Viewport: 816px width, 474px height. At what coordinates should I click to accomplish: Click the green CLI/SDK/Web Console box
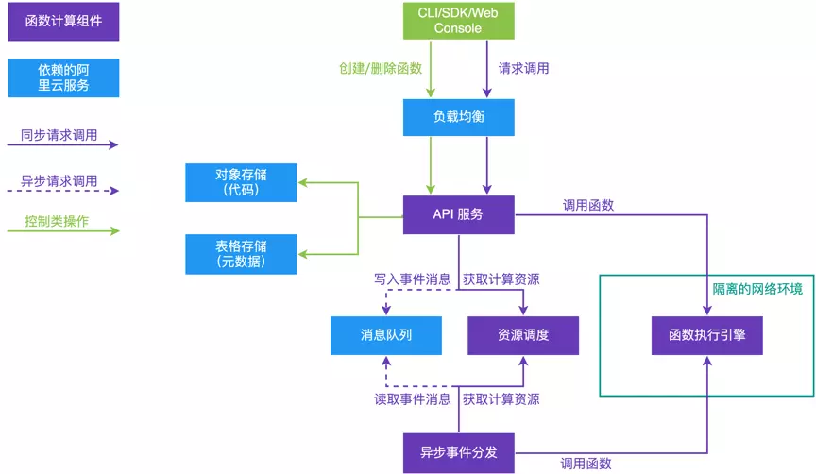458,20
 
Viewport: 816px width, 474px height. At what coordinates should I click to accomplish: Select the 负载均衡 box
458,118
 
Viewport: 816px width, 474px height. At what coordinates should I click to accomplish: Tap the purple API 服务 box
458,214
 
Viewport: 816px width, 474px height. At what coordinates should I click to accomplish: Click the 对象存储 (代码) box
240,182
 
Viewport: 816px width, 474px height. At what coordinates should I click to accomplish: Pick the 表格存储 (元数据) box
240,254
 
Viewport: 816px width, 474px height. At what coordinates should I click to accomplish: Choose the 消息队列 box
385,335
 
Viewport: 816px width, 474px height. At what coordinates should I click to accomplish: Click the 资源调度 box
523,335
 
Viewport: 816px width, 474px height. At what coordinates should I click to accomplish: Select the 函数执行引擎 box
706,335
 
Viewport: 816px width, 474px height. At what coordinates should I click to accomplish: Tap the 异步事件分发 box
458,451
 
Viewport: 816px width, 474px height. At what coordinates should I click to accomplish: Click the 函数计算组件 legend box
64,21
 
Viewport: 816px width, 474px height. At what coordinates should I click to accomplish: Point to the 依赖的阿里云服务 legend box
64,77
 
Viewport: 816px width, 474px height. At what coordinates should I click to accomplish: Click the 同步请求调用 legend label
59,135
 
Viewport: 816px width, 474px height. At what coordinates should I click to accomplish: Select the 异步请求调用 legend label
59,180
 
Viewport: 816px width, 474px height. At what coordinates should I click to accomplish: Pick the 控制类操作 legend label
57,222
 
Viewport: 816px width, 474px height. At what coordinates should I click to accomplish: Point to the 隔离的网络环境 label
756,289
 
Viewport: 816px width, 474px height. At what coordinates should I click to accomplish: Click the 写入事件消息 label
412,279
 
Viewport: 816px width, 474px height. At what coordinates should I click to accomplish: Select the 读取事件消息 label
412,399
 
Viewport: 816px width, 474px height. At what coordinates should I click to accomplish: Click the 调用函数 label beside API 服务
587,205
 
